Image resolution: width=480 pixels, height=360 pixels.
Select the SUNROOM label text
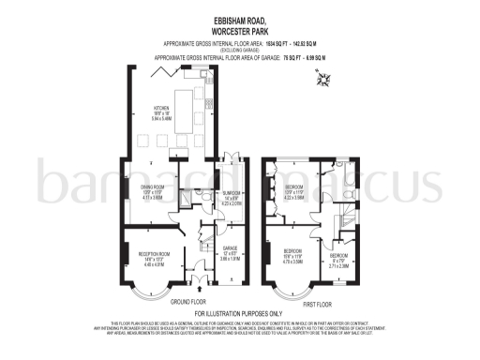coord(233,196)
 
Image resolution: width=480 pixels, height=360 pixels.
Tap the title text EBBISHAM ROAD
coord(240,20)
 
